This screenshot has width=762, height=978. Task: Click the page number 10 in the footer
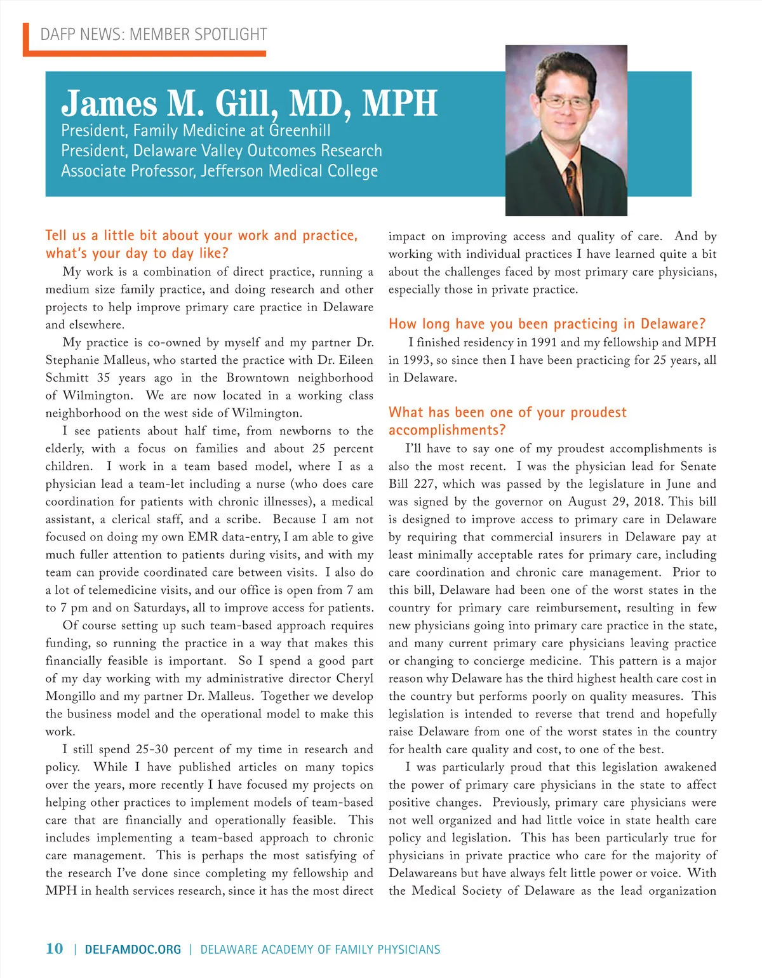point(54,948)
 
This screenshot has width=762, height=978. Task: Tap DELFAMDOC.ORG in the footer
point(133,950)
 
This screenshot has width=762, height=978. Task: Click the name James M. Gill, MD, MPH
point(249,103)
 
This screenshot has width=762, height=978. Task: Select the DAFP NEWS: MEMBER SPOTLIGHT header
point(154,34)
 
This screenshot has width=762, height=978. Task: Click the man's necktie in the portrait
point(571,184)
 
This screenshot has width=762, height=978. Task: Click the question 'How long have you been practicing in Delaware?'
point(547,324)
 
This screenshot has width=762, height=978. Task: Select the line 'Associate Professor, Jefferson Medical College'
point(219,171)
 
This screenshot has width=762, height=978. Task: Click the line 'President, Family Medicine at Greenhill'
point(196,131)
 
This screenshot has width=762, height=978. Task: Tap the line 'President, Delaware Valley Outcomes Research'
point(222,151)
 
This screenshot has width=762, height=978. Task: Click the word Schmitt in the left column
point(67,378)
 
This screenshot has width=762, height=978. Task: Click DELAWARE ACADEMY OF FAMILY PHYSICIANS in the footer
point(320,950)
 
